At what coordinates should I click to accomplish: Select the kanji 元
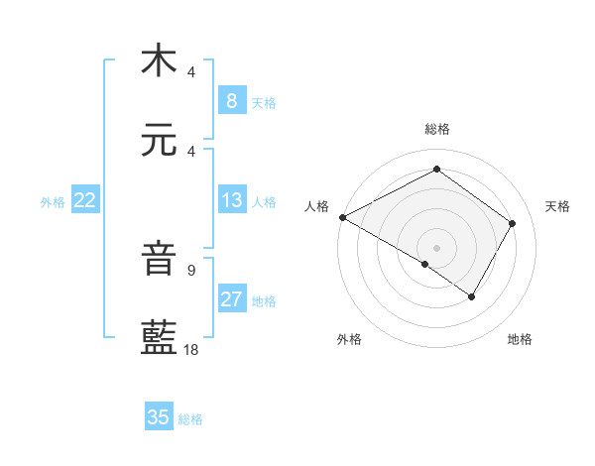click(159, 141)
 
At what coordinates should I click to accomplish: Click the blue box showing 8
click(231, 100)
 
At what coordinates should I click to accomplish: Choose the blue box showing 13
click(231, 200)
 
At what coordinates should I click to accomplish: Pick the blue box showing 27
click(231, 299)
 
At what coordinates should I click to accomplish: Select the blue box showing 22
click(85, 200)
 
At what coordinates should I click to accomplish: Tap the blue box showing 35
click(159, 417)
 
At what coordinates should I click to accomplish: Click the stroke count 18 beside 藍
click(191, 350)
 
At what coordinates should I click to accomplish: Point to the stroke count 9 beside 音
click(190, 270)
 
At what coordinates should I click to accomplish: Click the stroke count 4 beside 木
click(190, 71)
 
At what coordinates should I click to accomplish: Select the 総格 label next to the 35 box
click(190, 419)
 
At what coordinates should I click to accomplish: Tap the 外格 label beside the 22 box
click(53, 202)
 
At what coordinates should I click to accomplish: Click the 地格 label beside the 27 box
click(264, 301)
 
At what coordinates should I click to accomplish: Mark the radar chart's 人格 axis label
click(317, 206)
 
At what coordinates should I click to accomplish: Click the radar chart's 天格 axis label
click(557, 206)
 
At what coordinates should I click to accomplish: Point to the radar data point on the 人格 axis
click(342, 217)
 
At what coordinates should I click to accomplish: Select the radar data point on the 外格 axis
click(425, 264)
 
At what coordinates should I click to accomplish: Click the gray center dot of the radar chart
click(436, 247)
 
